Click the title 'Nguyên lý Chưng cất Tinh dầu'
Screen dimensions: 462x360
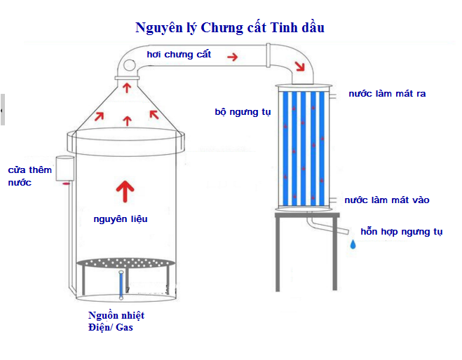(230, 28)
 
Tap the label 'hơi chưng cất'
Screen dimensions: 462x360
(179, 54)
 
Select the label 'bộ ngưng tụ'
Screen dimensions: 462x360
(243, 111)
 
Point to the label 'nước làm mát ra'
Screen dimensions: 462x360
(387, 93)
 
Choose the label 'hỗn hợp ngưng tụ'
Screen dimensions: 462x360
(401, 232)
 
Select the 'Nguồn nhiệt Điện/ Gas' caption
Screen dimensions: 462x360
(116, 321)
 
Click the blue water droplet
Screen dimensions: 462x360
(353, 244)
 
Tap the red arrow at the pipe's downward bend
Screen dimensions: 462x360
(300, 67)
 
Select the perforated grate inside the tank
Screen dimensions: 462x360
(124, 263)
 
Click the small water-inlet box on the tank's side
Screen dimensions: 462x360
(65, 167)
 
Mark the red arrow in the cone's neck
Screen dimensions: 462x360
(127, 88)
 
